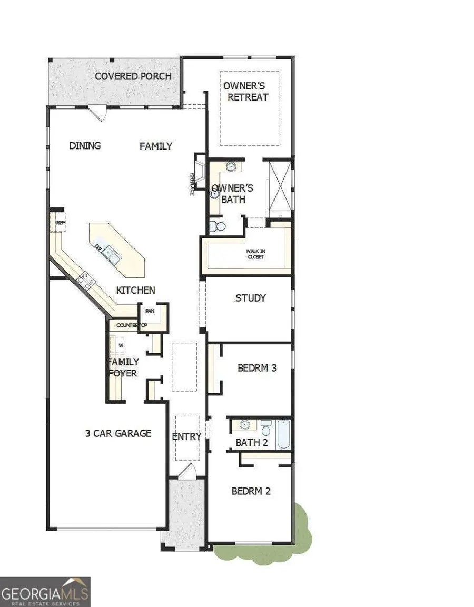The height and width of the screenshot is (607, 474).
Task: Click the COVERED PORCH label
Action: pos(133,76)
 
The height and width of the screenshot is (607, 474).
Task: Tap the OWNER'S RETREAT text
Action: pos(246,92)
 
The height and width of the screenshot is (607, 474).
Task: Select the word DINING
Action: pos(85,146)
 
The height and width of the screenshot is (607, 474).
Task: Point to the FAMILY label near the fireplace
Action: pos(156,146)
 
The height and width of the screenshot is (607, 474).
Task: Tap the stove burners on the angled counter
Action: pos(85,280)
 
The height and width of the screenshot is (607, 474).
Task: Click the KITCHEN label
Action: pos(136,290)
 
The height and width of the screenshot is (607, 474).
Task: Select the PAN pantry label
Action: pos(150,311)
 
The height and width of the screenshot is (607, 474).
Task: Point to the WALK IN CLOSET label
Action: pos(255,254)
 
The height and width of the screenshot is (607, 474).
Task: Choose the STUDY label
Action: pos(250,298)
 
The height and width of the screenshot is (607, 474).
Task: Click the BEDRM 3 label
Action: pos(257,368)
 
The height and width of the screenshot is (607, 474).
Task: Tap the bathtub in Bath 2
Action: pos(283,434)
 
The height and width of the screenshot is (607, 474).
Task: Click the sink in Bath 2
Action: pos(245,424)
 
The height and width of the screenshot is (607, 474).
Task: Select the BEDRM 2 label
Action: pos(251,491)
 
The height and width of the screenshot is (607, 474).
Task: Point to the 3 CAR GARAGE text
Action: pos(118,433)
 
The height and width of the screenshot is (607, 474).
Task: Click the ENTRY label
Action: pos(186,436)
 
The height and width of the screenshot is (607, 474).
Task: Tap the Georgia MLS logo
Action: pos(45,592)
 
